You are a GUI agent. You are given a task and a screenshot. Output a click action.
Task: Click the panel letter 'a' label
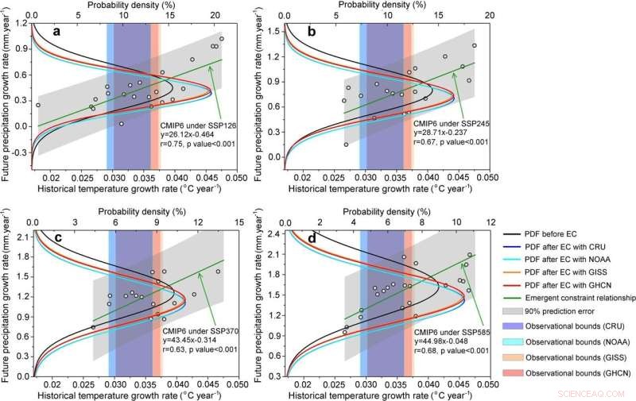coord(56,31)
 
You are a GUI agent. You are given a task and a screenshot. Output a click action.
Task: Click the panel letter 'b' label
coord(311,31)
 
